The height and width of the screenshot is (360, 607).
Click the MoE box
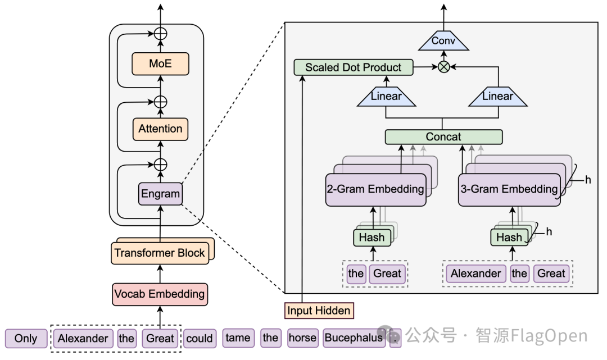(x=160, y=64)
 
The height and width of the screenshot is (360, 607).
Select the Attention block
(x=160, y=129)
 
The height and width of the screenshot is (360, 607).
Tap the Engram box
(x=160, y=194)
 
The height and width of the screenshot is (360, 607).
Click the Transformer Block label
(x=160, y=253)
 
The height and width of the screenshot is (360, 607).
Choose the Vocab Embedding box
(x=160, y=294)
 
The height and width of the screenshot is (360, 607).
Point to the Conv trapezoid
(x=443, y=40)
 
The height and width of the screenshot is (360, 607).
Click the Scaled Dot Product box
(x=354, y=67)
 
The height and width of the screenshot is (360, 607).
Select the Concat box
(x=443, y=137)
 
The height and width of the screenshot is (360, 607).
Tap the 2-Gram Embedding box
(x=375, y=189)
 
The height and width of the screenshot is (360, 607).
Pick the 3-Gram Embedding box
(x=509, y=189)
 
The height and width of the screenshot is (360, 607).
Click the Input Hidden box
(x=319, y=311)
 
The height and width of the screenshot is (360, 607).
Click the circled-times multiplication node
(x=443, y=67)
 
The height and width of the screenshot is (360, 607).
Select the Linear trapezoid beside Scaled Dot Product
(x=386, y=97)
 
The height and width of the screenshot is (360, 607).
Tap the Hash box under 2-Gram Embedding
(x=372, y=238)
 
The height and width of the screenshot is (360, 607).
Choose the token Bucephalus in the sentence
(x=354, y=338)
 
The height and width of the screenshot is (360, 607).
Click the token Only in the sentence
(x=26, y=338)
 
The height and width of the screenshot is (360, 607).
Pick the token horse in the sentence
(x=303, y=338)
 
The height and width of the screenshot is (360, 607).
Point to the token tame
(x=238, y=338)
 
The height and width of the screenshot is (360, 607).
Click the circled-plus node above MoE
(x=160, y=34)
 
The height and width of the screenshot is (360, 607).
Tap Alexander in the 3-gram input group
(x=476, y=274)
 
